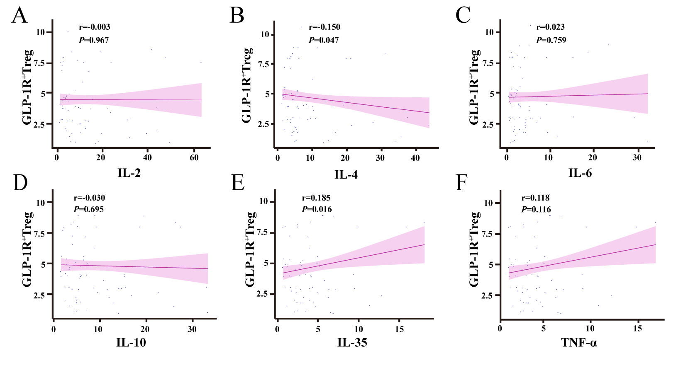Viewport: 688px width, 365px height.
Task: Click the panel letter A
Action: click(x=20, y=16)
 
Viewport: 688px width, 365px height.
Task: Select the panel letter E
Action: click(x=238, y=183)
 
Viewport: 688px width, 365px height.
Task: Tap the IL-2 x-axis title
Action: click(x=129, y=173)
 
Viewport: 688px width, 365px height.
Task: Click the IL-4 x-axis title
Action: click(x=346, y=174)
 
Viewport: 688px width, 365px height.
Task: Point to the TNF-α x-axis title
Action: click(x=579, y=343)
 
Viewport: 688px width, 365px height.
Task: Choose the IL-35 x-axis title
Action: click(x=352, y=343)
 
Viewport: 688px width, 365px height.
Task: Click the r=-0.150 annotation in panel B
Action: click(x=324, y=27)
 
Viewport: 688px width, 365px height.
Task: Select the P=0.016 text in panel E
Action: click(x=317, y=209)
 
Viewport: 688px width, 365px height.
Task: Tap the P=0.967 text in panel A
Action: click(x=94, y=40)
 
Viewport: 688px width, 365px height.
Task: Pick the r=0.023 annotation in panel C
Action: click(x=550, y=27)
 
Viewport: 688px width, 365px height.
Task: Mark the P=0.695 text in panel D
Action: click(x=89, y=209)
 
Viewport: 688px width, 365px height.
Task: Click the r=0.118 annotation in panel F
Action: click(x=536, y=198)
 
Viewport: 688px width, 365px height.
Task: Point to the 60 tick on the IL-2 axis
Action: click(x=194, y=158)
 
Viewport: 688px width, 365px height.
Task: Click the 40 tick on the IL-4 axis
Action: click(x=415, y=158)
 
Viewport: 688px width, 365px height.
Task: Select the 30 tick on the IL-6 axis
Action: click(x=637, y=158)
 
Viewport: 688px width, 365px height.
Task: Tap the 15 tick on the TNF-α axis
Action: click(x=638, y=329)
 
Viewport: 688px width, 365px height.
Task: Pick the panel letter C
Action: click(x=463, y=16)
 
